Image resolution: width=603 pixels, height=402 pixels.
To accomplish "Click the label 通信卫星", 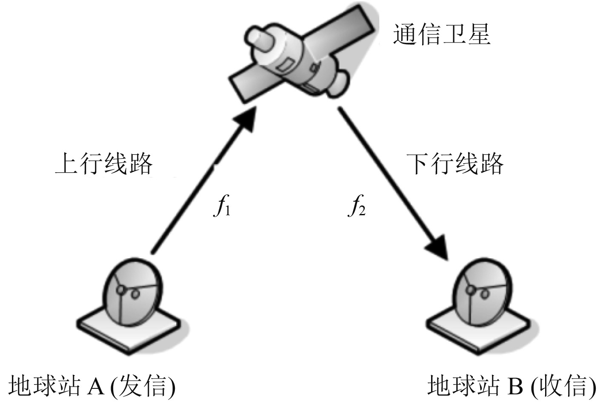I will pos(442,34).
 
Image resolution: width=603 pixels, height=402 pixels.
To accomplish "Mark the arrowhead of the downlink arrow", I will pos(438,248).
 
